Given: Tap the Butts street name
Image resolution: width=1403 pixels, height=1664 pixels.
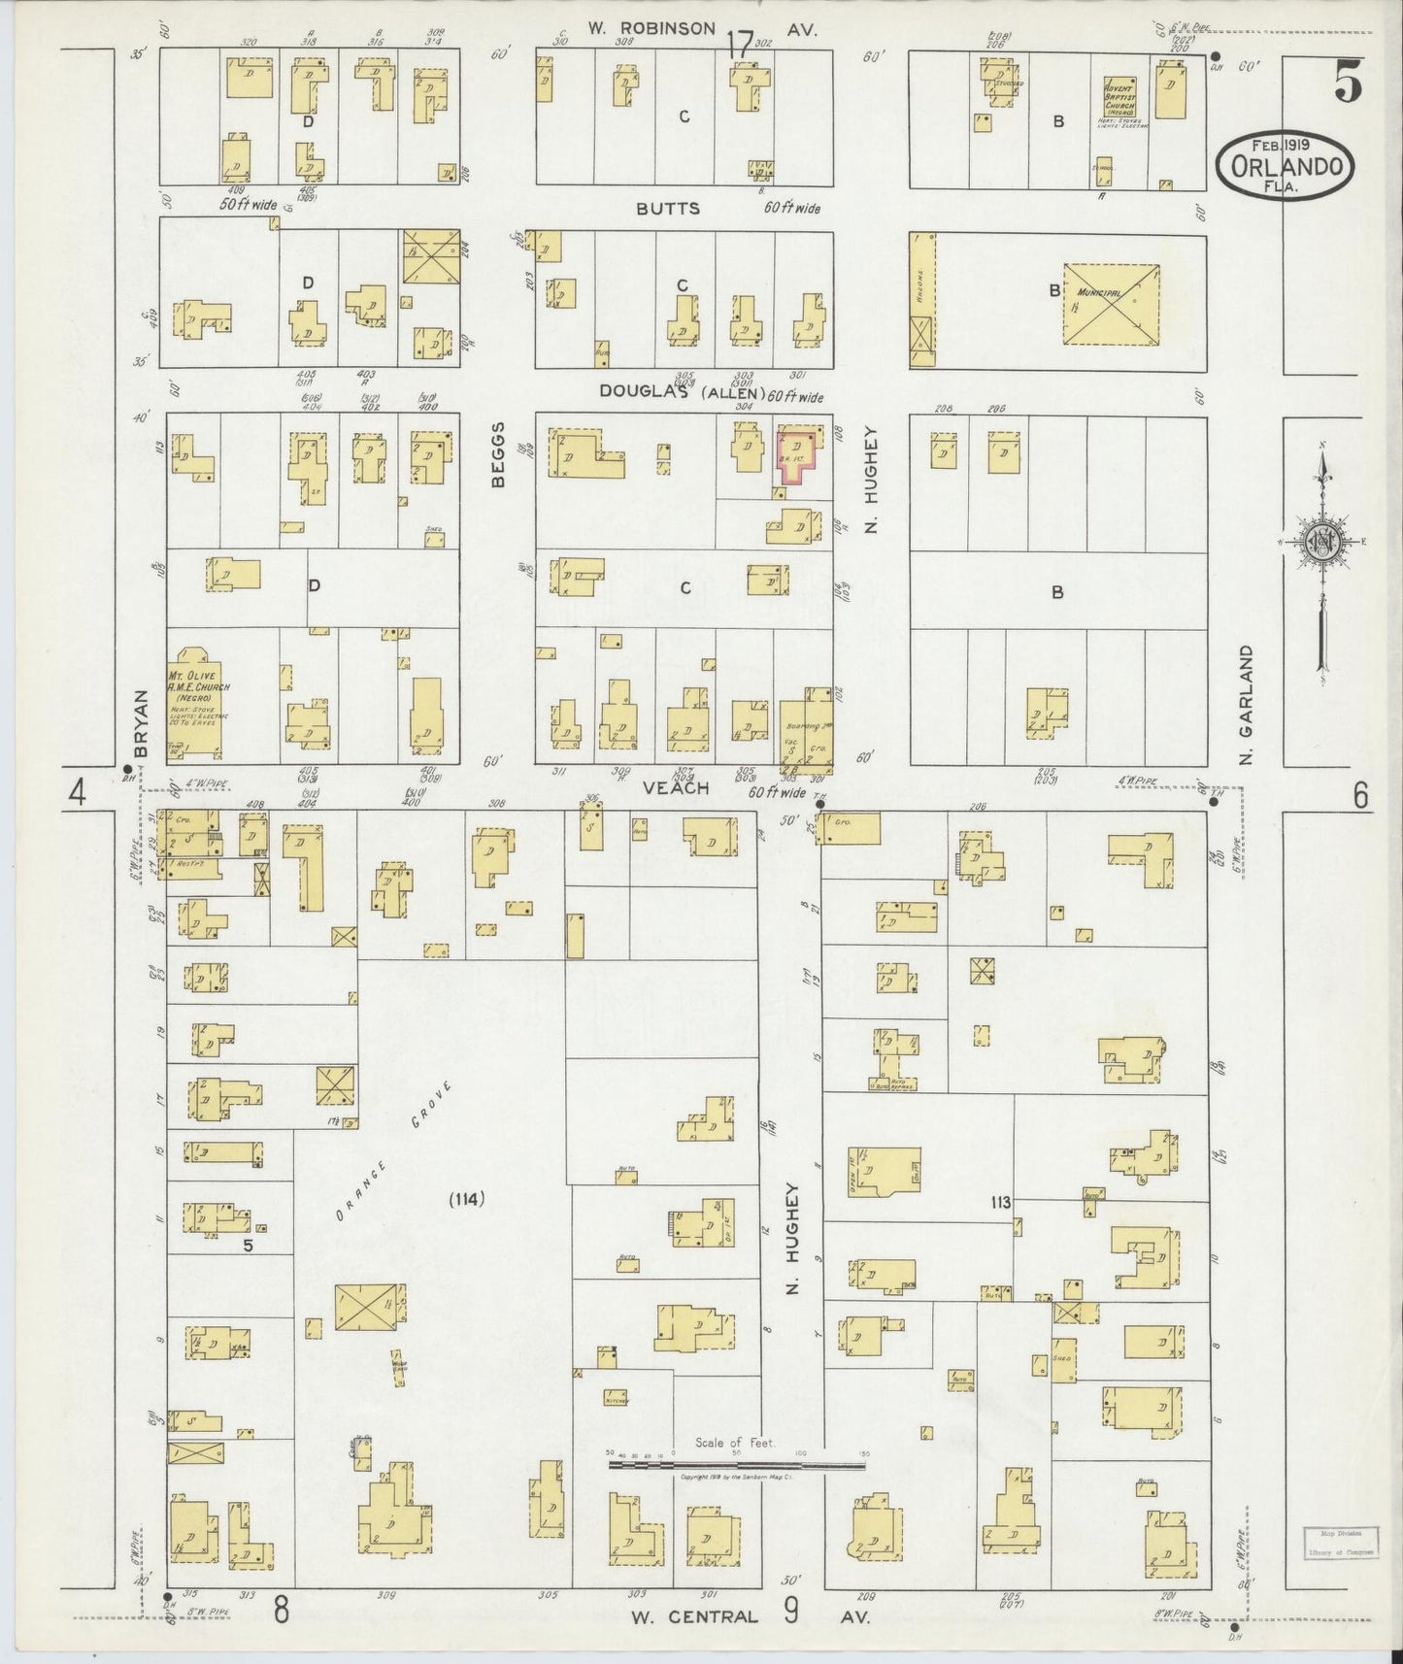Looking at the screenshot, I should [x=668, y=209].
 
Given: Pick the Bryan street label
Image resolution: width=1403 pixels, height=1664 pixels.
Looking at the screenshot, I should [x=140, y=724].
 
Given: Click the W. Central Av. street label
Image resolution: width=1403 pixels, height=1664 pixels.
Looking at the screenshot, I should [x=748, y=1617].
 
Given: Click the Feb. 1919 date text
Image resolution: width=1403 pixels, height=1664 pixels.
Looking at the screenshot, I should [x=1283, y=144].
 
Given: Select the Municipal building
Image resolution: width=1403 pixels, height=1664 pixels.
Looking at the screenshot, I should [x=1111, y=304].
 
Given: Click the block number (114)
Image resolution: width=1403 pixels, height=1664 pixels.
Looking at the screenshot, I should [x=467, y=1198].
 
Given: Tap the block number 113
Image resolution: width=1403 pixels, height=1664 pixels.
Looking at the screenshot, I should [x=1000, y=1202].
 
